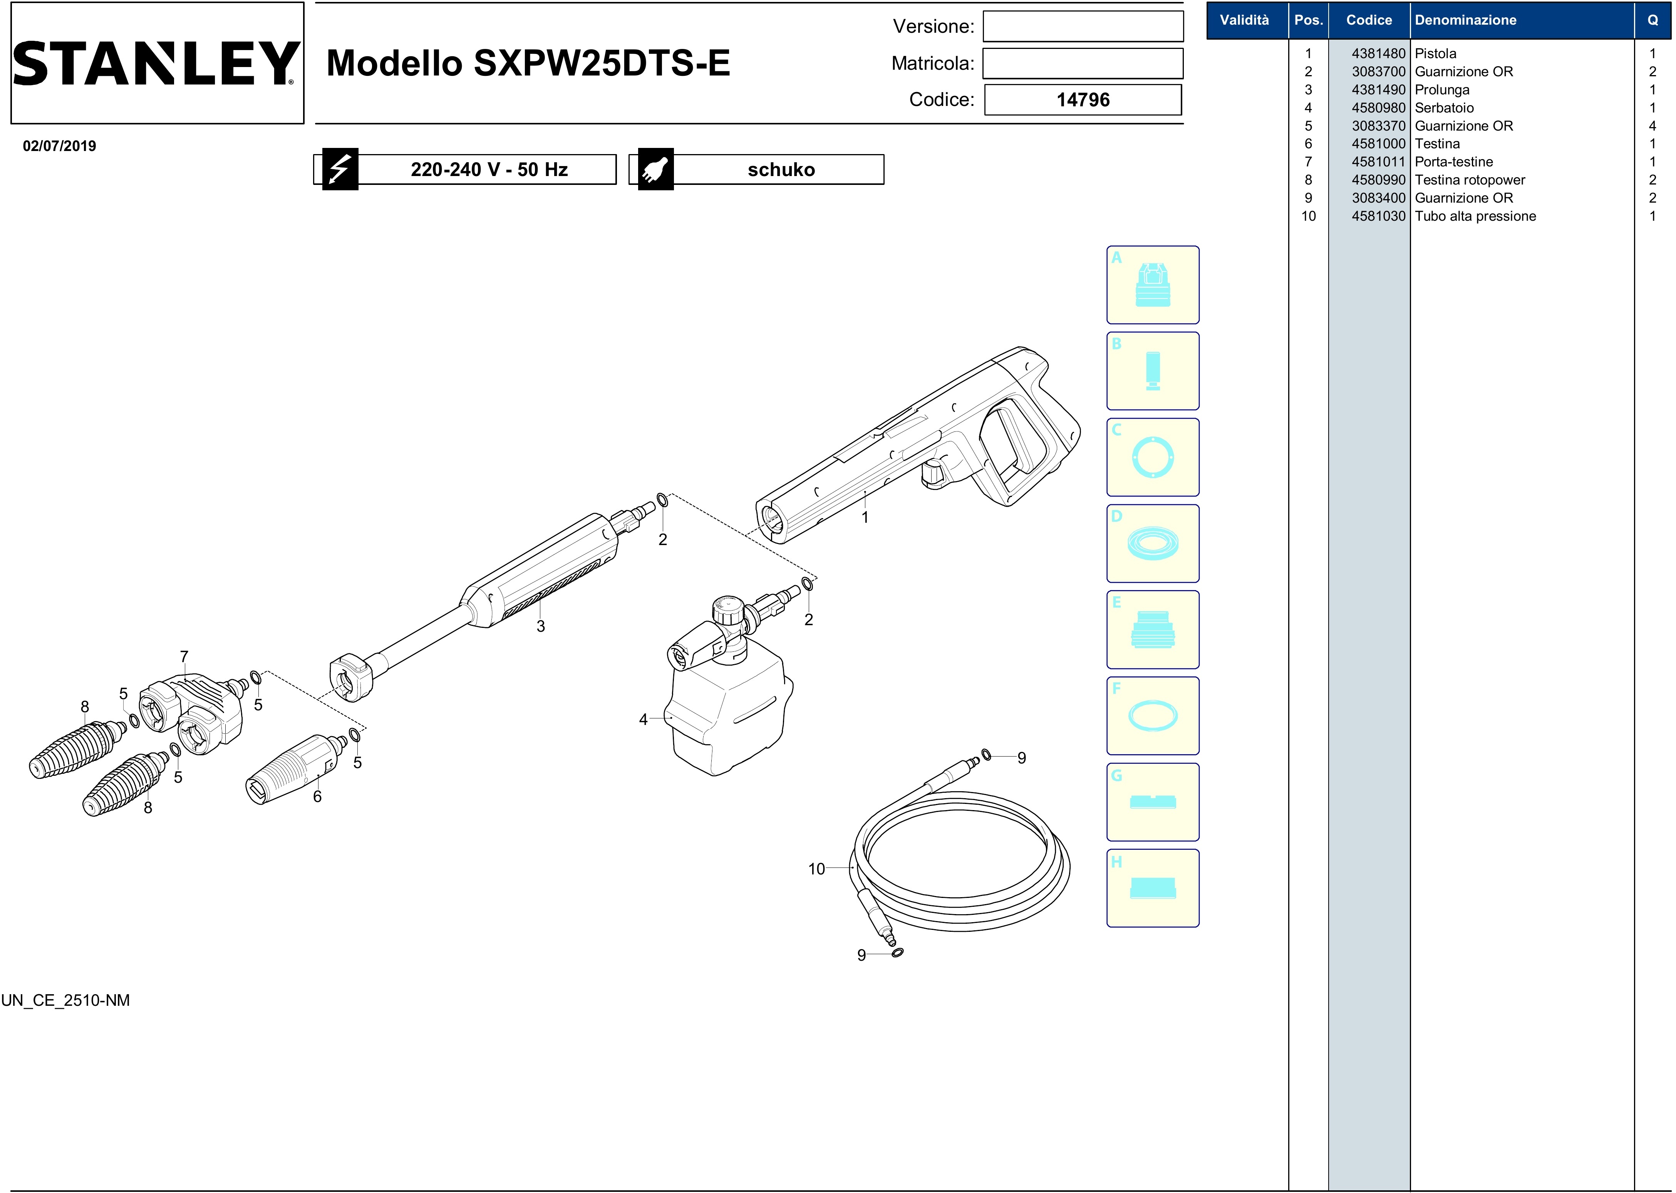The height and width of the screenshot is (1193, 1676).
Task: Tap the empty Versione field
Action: click(1083, 27)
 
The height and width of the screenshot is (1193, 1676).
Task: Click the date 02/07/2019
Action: click(59, 146)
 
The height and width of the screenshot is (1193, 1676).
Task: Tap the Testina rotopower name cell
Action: click(1470, 180)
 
